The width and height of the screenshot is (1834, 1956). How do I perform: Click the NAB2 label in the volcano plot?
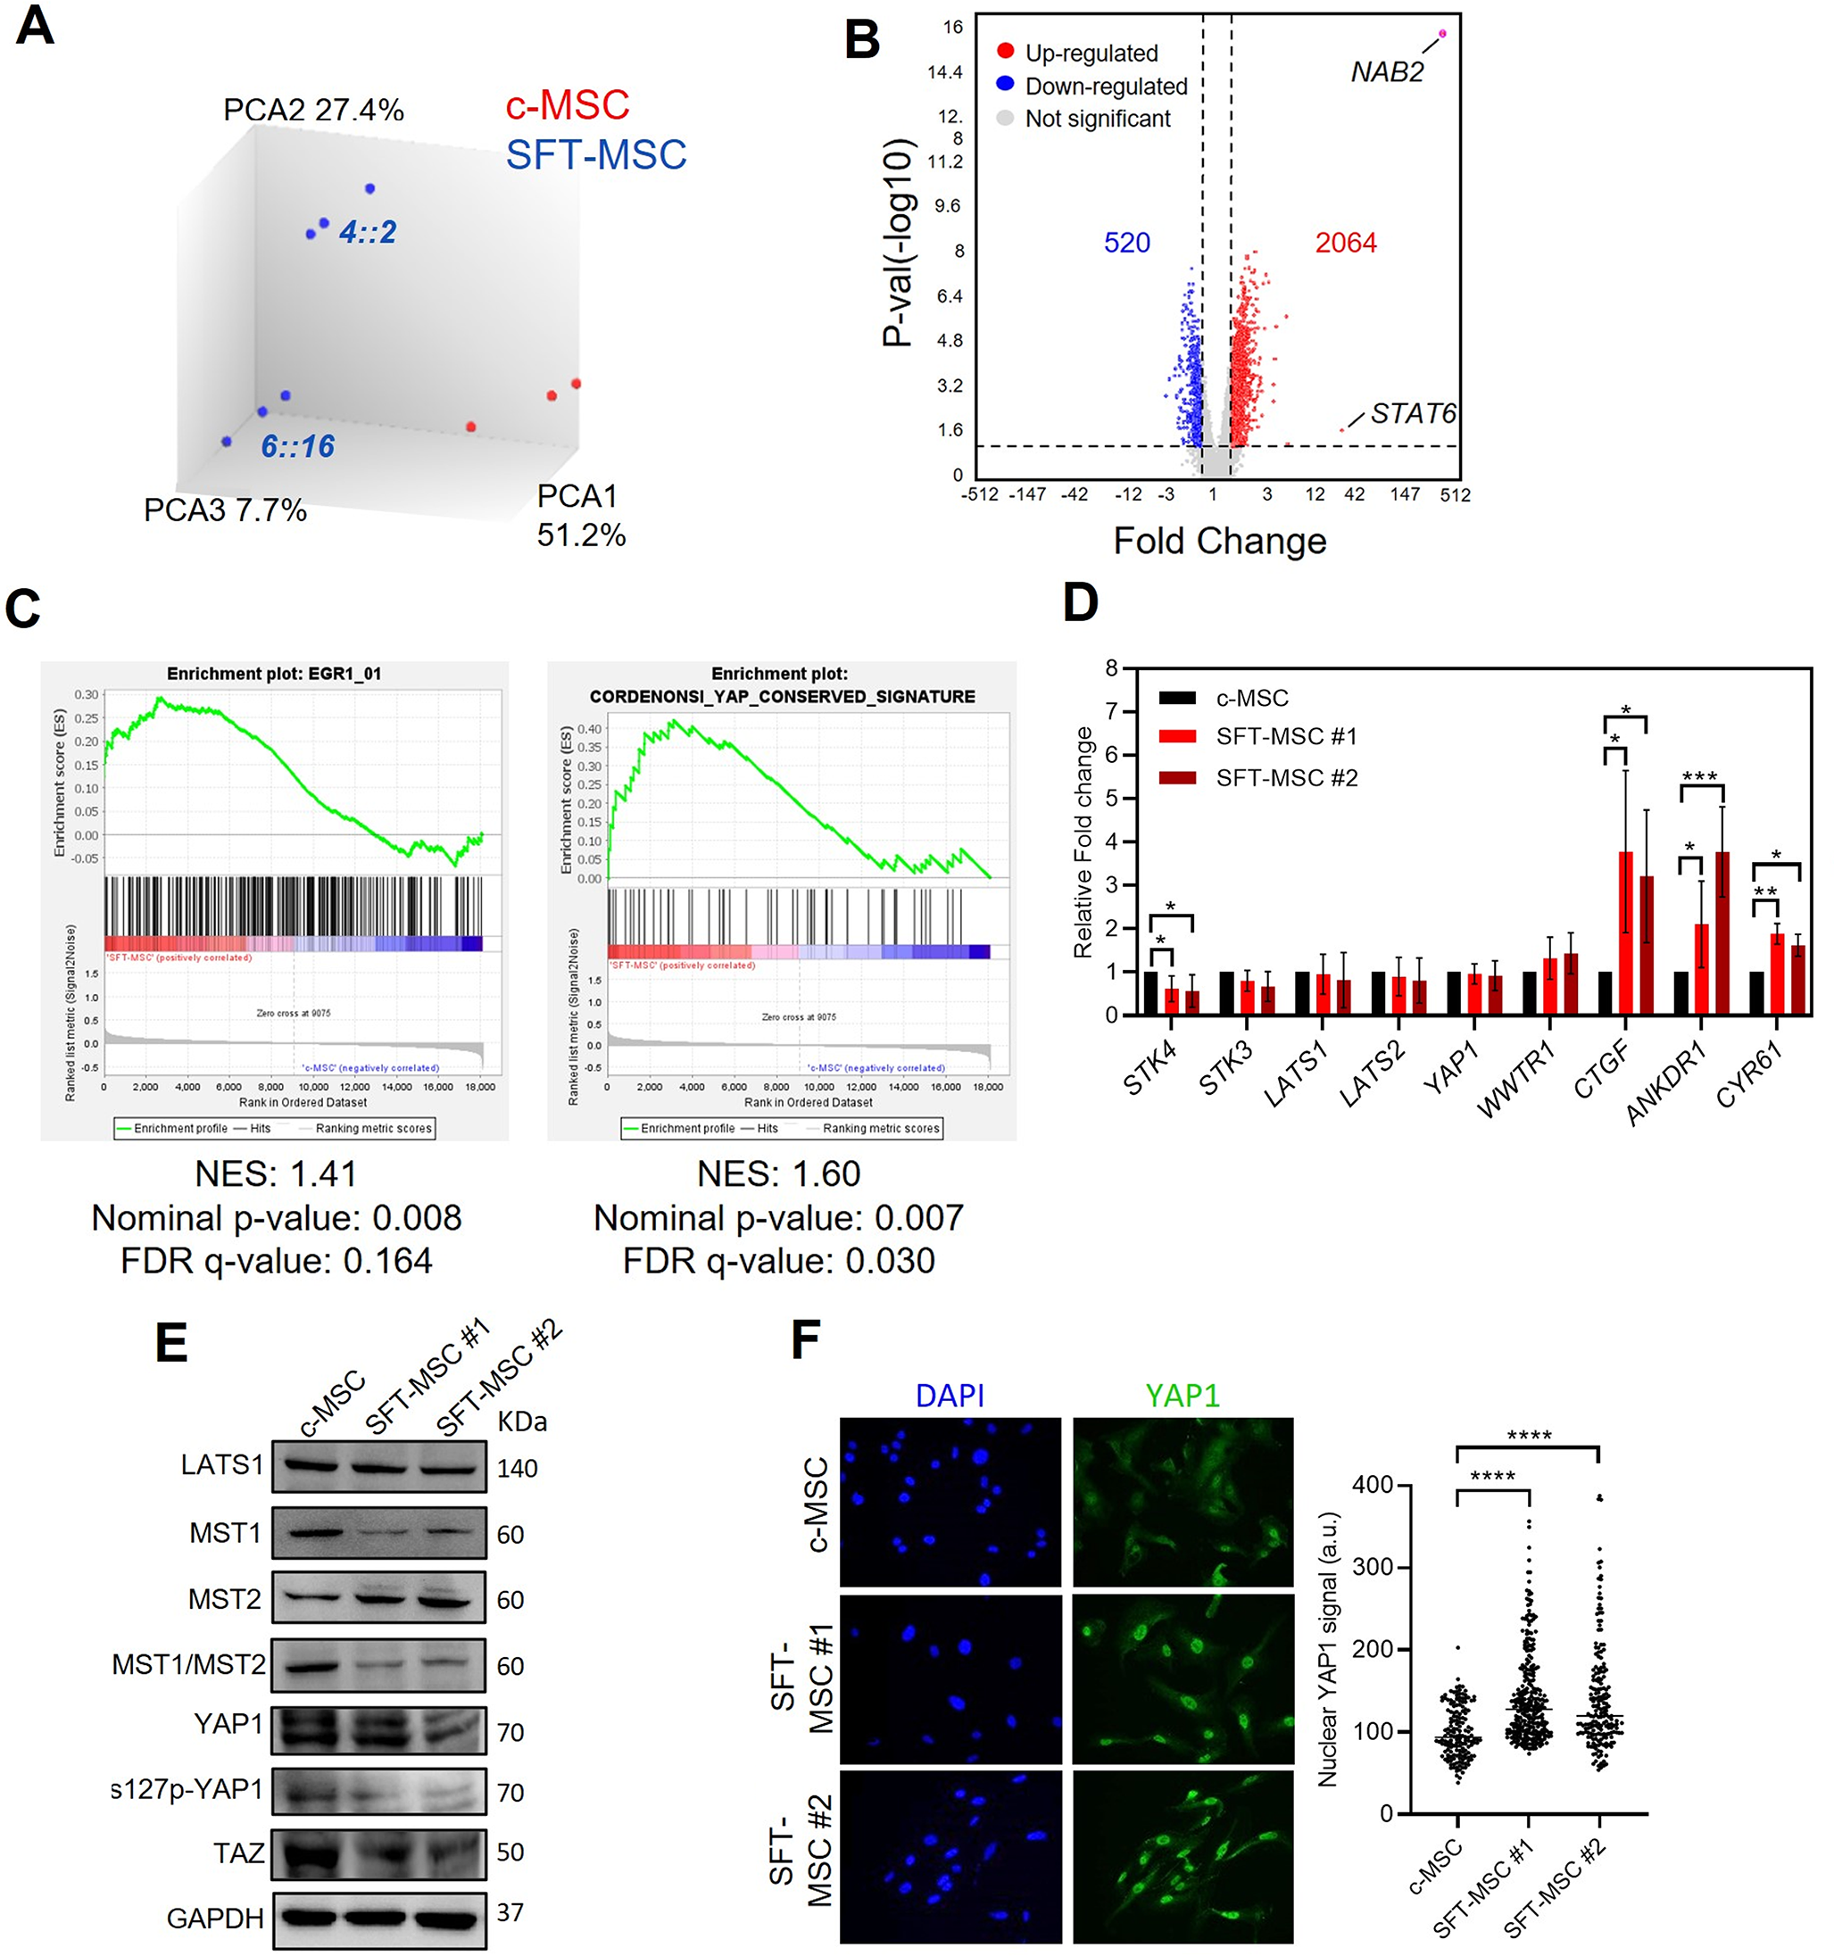pos(1386,71)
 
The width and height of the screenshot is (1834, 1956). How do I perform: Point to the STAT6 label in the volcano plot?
pos(1413,413)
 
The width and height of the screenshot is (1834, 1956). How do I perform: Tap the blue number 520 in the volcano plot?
pos(1126,243)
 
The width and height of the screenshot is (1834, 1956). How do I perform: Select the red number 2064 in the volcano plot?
pos(1346,243)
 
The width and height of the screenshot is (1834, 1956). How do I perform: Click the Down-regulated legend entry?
pos(1105,87)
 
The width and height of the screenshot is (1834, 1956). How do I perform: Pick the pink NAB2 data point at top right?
pos(1442,33)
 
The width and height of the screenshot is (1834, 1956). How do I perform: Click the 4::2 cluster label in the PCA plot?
pos(367,232)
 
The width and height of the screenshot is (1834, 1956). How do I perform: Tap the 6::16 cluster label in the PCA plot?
pos(297,447)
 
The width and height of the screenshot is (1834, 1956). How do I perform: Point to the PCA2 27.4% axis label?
pos(313,109)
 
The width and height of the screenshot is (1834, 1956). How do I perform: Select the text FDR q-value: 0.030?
pos(778,1260)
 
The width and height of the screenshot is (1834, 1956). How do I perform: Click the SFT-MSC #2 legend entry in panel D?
pos(1285,778)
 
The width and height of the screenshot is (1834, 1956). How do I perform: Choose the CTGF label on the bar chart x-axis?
pos(1601,1071)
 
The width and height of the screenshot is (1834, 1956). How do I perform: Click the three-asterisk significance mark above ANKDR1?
pos(1699,777)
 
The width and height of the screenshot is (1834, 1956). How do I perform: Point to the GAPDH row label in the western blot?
pos(215,1918)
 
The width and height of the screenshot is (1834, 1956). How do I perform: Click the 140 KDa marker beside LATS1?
pos(517,1469)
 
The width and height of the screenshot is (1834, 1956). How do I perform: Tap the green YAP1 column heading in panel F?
pos(1183,1396)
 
